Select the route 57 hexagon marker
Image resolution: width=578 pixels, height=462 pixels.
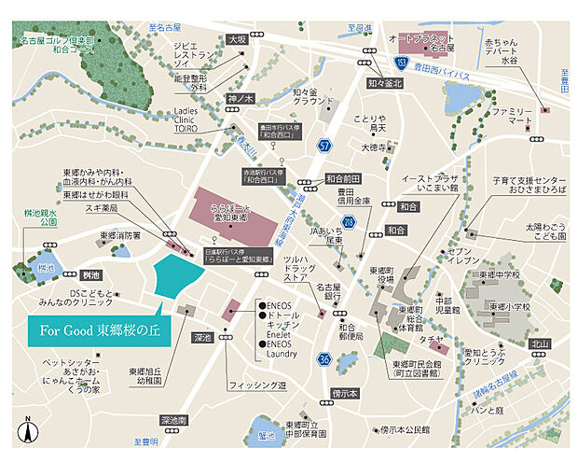[x=324, y=146]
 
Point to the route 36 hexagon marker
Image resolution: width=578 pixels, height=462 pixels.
[x=324, y=357]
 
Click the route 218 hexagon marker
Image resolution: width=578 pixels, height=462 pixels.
[x=348, y=221]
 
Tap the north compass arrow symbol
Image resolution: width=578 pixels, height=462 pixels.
[x=29, y=431]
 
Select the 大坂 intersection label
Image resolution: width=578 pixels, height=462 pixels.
[x=238, y=39]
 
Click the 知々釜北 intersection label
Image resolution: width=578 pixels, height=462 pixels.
[x=385, y=83]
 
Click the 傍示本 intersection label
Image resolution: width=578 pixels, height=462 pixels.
[x=346, y=394]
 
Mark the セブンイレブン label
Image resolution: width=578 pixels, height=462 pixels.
[x=437, y=257]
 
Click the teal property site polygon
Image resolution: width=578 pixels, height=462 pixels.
[x=177, y=275]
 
